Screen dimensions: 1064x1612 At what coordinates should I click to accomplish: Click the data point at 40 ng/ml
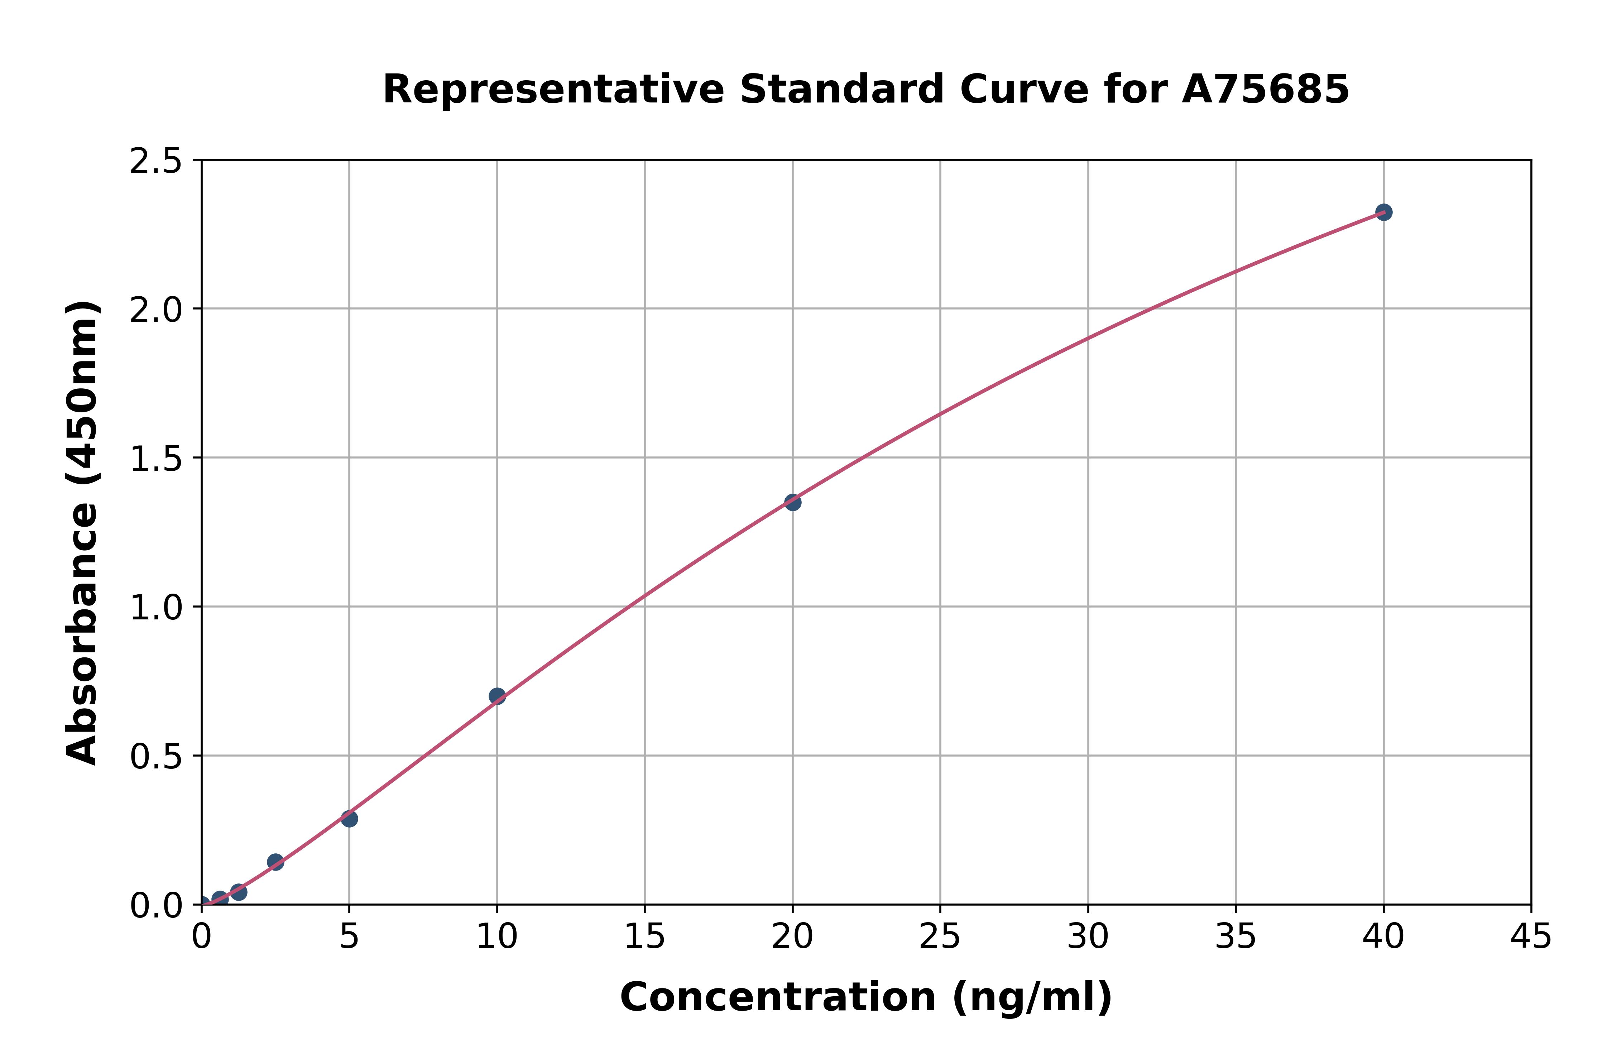tap(1383, 212)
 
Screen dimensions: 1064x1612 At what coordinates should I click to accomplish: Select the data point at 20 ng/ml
tap(792, 502)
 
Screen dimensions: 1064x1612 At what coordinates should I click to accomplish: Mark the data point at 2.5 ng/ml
tap(275, 862)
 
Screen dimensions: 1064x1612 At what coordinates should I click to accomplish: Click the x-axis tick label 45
tap(1531, 938)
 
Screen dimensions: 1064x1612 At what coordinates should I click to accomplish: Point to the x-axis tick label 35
tap(1236, 938)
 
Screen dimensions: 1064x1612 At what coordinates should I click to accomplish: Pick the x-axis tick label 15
tap(644, 938)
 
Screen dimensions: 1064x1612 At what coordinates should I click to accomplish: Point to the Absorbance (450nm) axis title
tap(83, 533)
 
